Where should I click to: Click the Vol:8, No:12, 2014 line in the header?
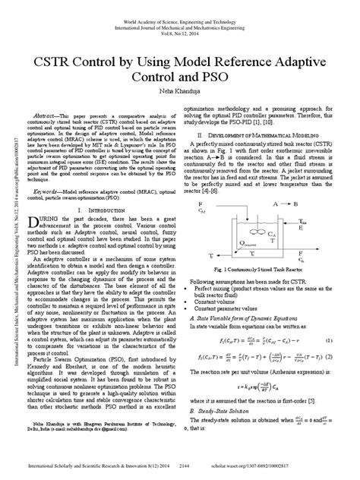pyautogui.click(x=180, y=25)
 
